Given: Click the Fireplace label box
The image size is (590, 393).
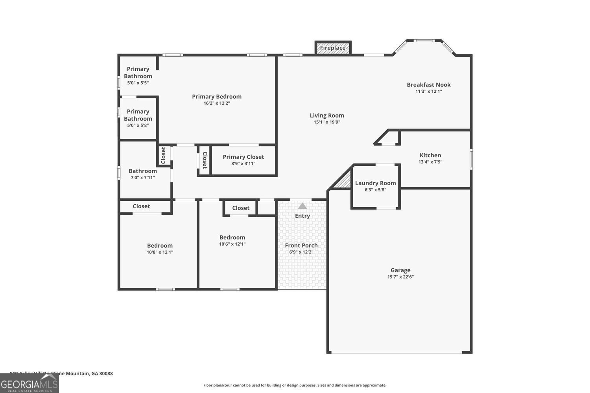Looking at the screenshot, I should pos(333,48).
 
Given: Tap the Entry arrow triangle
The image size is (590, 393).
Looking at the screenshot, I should pos(302,206).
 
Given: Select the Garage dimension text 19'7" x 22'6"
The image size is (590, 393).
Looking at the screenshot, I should pos(400,277).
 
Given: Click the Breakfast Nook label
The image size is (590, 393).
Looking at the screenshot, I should pos(429,84).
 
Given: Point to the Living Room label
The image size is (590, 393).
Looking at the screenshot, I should pos(327,115).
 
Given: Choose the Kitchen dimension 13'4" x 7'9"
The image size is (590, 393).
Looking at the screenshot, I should pos(430,162).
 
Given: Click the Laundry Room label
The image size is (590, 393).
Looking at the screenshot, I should pos(375,183).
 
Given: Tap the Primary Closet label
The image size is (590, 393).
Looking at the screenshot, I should pos(243,157).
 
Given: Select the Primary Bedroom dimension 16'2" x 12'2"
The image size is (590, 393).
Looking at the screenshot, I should pos(217,103).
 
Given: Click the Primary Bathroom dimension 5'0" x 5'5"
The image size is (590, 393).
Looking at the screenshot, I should pos(138,83).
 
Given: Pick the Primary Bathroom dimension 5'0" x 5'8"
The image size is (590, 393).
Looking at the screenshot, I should pos(138,125).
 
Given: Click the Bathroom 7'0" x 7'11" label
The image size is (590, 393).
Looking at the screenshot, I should pos(143,171).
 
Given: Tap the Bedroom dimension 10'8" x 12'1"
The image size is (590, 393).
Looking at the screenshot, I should pos(160,252).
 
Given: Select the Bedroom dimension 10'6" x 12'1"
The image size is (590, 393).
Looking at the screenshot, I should pos(232,244).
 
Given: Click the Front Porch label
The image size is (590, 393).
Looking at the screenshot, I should pos(301,245).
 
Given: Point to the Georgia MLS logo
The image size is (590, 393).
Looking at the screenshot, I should pos(29,383).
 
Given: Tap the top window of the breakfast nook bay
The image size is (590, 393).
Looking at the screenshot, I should pos(424,40).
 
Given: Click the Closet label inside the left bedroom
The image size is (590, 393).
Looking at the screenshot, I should pos(141,206).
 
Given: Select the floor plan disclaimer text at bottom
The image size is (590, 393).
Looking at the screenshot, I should pos(295,386).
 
